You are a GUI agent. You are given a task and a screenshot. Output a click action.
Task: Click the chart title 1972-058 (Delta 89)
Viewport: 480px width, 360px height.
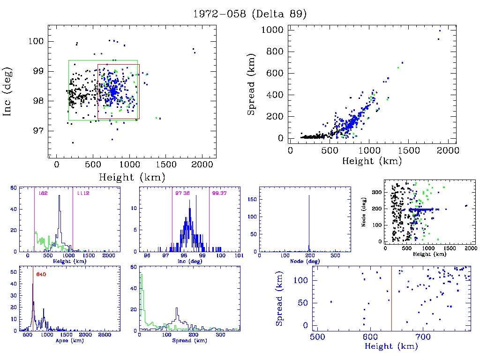pos(250,14)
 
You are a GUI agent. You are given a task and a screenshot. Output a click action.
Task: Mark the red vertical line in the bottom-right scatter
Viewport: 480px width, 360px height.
pos(391,300)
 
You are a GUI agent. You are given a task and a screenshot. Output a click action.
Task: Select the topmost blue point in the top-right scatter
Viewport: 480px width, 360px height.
pos(440,31)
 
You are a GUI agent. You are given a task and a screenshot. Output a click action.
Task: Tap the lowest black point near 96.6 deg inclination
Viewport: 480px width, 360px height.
pos(73,142)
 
